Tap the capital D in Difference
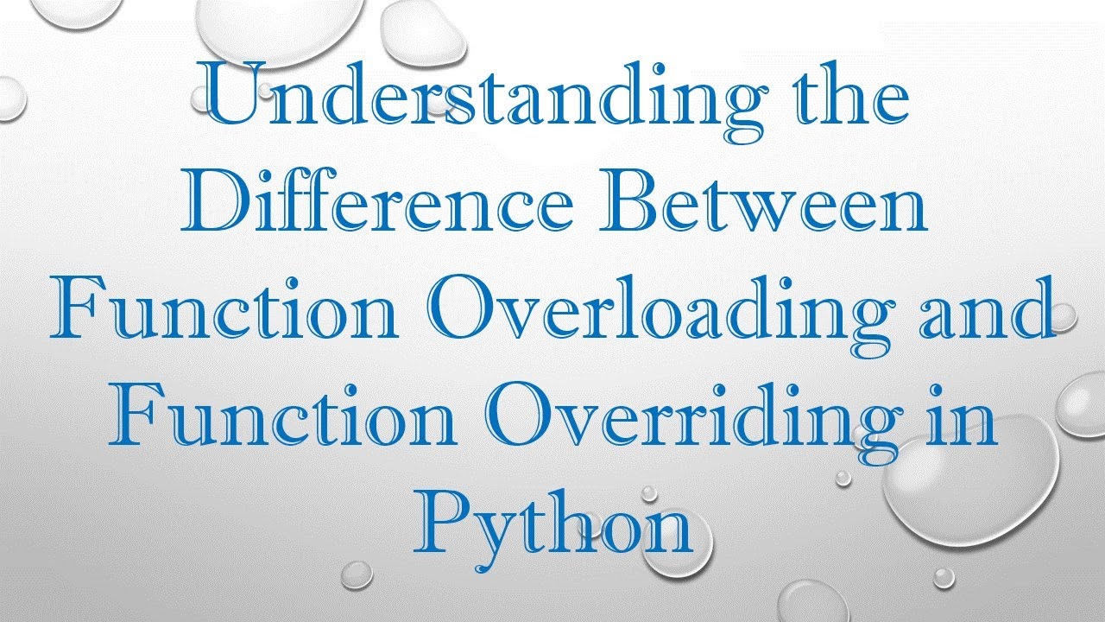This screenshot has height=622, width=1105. click(212, 206)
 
